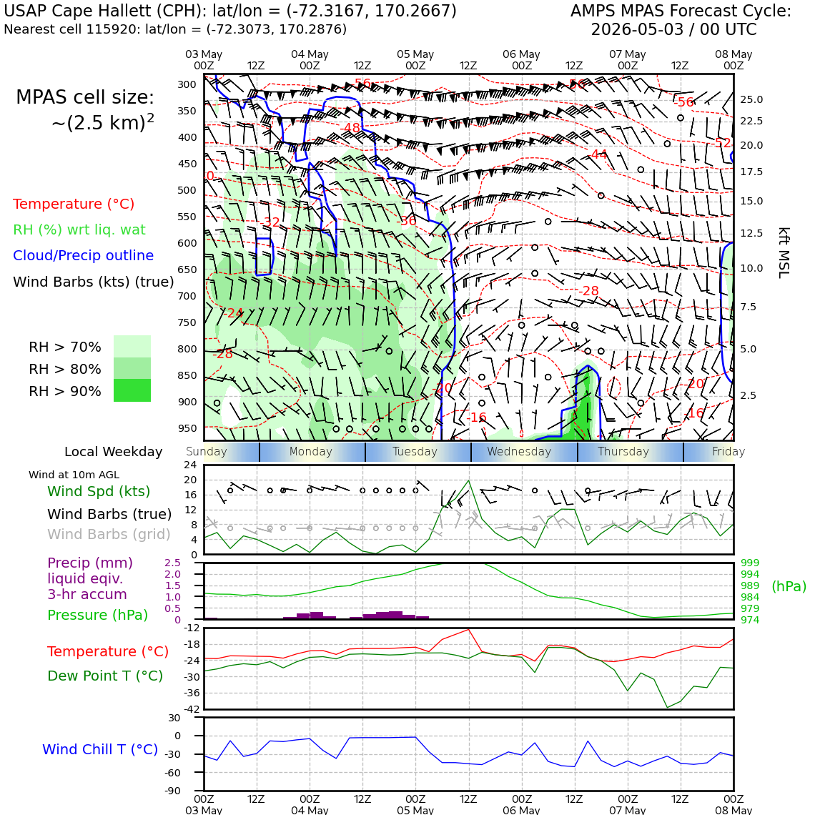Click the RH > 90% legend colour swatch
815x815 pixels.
(x=132, y=390)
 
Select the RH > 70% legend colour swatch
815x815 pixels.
(x=132, y=346)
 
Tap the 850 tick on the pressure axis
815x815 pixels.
(x=187, y=375)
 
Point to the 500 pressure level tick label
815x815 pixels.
(x=187, y=190)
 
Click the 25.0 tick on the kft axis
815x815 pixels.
(x=751, y=99)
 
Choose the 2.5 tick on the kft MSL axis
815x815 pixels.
(x=748, y=395)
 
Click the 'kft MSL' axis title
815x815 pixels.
(x=784, y=252)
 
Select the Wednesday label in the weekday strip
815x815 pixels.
(x=519, y=451)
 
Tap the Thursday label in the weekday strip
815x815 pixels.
(x=623, y=451)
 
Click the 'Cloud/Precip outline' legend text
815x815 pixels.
(x=83, y=255)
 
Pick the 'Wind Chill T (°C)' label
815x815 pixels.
(x=100, y=749)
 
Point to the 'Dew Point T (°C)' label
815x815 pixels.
(x=105, y=675)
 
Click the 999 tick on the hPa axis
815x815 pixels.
(x=749, y=563)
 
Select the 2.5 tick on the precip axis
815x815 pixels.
(x=172, y=563)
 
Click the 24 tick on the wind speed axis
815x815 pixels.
(x=191, y=464)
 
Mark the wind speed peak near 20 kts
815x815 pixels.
(x=469, y=480)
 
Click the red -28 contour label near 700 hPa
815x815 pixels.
(x=589, y=291)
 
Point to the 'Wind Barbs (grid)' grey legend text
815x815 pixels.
(x=109, y=534)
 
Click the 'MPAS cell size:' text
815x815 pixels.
(x=85, y=97)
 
